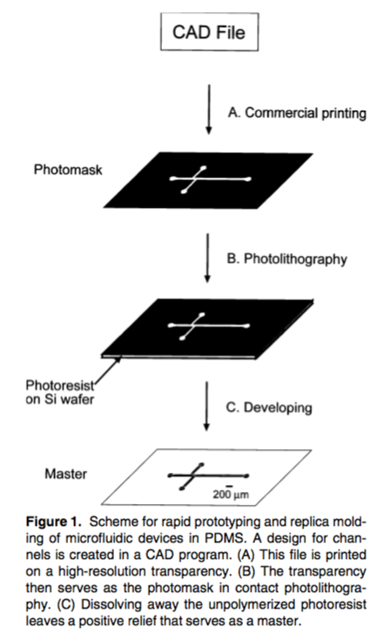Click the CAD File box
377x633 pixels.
pos(210,32)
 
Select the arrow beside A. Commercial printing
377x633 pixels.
pos(209,109)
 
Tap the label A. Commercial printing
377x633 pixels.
pos(297,113)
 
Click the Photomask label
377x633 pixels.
pos(68,169)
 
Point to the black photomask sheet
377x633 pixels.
pos(209,180)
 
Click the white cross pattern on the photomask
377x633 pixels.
pos(211,179)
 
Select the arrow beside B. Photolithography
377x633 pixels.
pos(207,258)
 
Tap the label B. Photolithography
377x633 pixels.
pos(287,259)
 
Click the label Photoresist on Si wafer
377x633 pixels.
pos(60,392)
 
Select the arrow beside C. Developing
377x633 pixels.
pos(206,407)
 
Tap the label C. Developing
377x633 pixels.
pos(269,407)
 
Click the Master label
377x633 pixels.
pos(66,473)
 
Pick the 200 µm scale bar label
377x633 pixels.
pos(231,494)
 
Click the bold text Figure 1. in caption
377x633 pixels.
pos(54,522)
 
